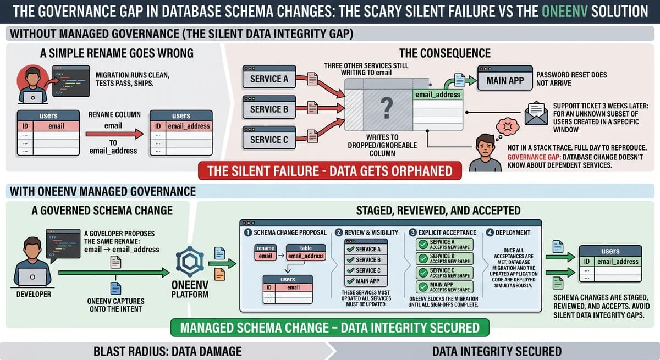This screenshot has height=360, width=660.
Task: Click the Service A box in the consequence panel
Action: click(x=269, y=76)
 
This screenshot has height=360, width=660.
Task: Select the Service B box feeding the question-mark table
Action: click(x=269, y=107)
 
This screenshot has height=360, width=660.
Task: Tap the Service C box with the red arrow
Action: click(x=269, y=137)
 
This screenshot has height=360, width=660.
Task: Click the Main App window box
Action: click(x=505, y=78)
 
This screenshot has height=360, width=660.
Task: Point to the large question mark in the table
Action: click(x=387, y=108)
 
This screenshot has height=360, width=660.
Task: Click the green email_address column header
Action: click(x=438, y=95)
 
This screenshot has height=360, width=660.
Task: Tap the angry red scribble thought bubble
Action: click(x=507, y=126)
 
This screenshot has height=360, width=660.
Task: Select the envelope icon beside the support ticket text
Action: click(x=536, y=113)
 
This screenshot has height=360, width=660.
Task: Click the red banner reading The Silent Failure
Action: click(x=329, y=171)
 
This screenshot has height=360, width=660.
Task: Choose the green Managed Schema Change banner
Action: click(x=329, y=328)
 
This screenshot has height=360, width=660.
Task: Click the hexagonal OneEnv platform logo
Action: click(x=190, y=262)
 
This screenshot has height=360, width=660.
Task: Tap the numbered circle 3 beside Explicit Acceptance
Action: click(x=413, y=232)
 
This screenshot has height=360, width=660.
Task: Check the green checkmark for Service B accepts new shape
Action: click(x=423, y=259)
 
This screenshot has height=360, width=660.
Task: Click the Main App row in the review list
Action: click(x=366, y=281)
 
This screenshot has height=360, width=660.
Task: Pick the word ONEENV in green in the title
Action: click(x=564, y=12)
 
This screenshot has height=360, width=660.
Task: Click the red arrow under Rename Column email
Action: click(x=114, y=134)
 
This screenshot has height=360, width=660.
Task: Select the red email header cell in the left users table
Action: click(x=56, y=126)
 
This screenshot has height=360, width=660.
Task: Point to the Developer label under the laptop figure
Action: click(x=34, y=295)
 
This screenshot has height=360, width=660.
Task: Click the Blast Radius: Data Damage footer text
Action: click(x=167, y=351)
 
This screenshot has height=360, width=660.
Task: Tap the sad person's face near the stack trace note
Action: click(x=485, y=146)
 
